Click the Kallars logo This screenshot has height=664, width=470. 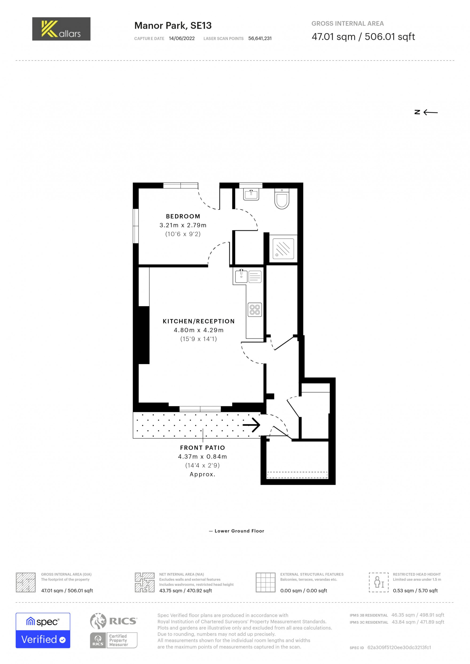[61, 29]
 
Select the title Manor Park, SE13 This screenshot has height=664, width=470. [173, 26]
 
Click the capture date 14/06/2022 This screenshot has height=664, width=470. [181, 39]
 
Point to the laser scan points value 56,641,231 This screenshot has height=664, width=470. [260, 39]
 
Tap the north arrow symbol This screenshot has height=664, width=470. [426, 112]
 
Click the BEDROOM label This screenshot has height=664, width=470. [183, 216]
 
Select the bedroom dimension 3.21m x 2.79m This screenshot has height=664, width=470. [183, 225]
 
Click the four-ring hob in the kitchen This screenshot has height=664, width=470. [255, 309]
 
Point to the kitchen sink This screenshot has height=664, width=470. [241, 276]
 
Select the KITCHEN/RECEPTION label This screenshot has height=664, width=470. [199, 321]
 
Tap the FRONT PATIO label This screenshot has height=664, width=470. [202, 448]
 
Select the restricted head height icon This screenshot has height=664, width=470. [378, 583]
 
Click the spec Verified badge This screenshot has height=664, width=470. [43, 631]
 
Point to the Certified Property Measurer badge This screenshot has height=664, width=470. [114, 640]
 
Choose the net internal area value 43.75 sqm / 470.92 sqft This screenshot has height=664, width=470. [185, 591]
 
